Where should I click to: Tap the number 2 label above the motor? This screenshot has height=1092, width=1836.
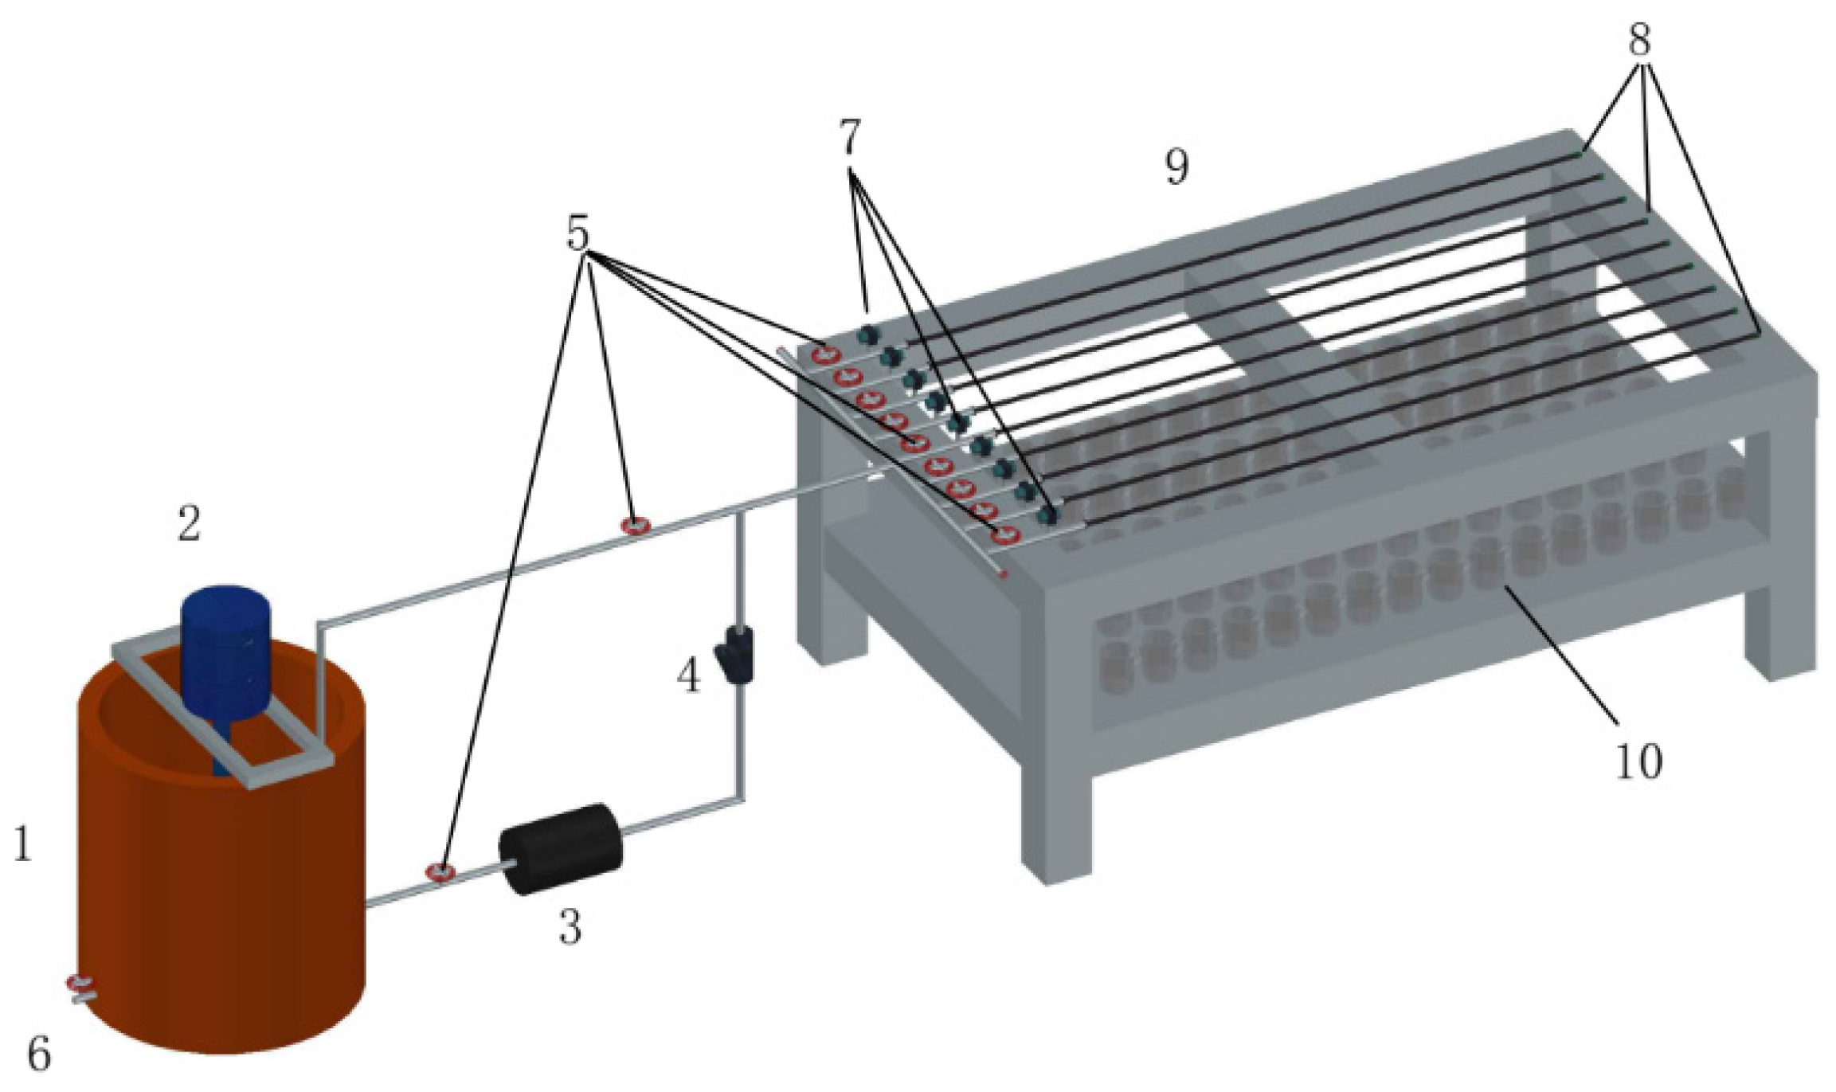click(x=189, y=524)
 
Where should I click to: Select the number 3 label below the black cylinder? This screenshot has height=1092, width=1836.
click(x=570, y=926)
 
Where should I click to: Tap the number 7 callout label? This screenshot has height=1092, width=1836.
click(x=851, y=139)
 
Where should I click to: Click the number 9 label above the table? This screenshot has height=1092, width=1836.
click(x=1176, y=167)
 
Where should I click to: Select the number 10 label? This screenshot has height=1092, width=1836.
click(x=1639, y=761)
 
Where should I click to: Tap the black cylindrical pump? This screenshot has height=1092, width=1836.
click(x=560, y=850)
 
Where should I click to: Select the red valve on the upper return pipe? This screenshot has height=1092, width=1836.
click(x=636, y=525)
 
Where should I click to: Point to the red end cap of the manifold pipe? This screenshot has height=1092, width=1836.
click(x=1004, y=573)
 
